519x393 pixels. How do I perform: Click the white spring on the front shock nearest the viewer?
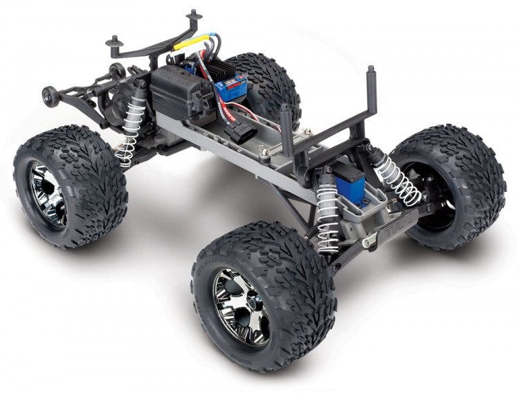328,216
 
